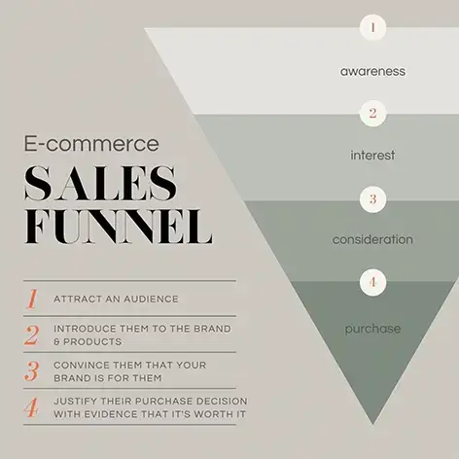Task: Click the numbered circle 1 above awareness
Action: pyautogui.click(x=372, y=27)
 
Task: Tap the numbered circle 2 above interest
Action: pyautogui.click(x=372, y=113)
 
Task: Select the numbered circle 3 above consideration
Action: pyautogui.click(x=372, y=198)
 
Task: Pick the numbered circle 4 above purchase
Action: pyautogui.click(x=372, y=282)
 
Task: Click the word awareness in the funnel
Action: pyautogui.click(x=372, y=71)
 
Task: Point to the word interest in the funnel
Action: pyautogui.click(x=372, y=155)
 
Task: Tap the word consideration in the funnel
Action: pyautogui.click(x=372, y=239)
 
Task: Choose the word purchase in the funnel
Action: pyautogui.click(x=372, y=329)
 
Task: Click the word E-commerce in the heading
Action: pyautogui.click(x=91, y=144)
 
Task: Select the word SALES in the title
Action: pyautogui.click(x=101, y=183)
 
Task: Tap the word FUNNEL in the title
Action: pyautogui.click(x=119, y=227)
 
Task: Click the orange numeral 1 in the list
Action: pyautogui.click(x=32, y=299)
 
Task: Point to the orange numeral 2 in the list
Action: pyautogui.click(x=32, y=335)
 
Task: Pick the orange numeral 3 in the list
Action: pyautogui.click(x=32, y=371)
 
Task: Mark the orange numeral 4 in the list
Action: pyautogui.click(x=31, y=407)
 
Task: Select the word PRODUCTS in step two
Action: pyautogui.click(x=92, y=341)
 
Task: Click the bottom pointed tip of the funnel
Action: pyautogui.click(x=372, y=424)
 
